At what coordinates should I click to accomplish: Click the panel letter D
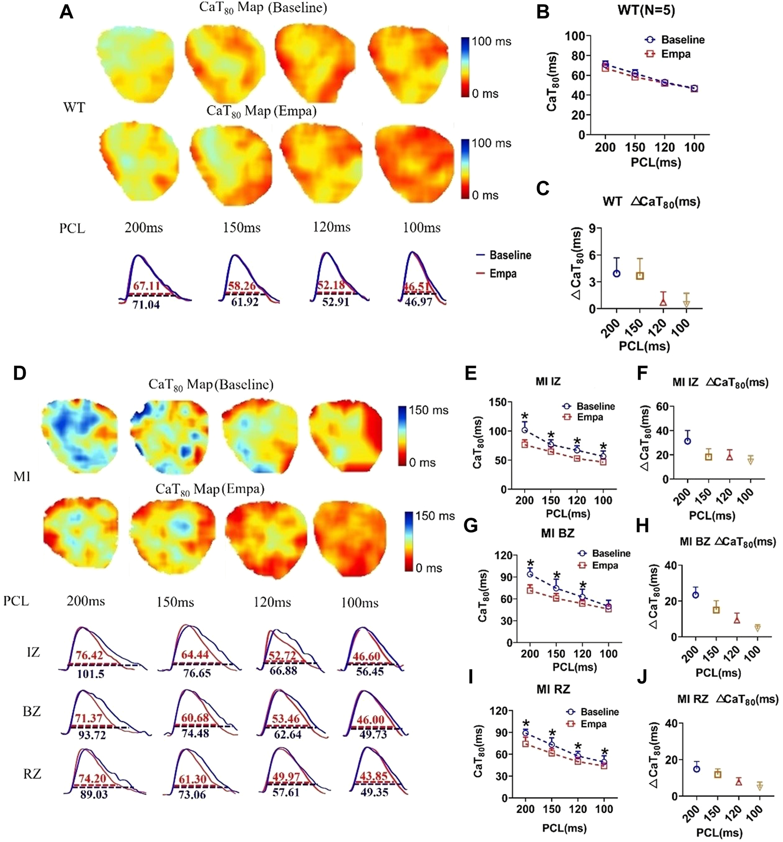point(20,373)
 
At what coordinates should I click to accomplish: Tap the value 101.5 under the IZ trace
point(90,674)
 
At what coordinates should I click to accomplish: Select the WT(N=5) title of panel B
point(646,10)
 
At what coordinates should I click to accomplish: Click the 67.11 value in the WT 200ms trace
point(146,286)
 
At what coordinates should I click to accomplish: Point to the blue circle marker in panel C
point(616,273)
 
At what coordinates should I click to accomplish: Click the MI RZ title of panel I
point(553,689)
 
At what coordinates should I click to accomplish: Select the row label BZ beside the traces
point(32,712)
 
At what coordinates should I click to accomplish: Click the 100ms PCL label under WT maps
point(421,228)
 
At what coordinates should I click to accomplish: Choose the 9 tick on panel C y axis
point(592,228)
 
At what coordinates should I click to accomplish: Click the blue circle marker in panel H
point(695,594)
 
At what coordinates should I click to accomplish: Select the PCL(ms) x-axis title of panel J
point(719,833)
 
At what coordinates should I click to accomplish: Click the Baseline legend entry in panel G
point(611,553)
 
